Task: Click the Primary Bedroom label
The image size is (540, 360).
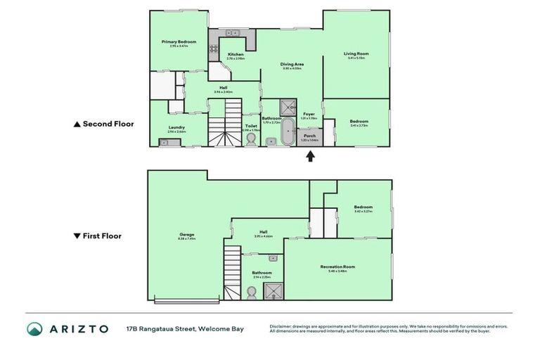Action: coord(178,42)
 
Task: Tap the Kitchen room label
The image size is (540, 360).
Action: coord(236,55)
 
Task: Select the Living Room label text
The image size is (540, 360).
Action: coord(356,53)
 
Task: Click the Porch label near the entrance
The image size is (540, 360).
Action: coord(309,136)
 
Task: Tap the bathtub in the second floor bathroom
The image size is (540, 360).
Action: coord(288,132)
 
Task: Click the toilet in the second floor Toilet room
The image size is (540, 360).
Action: coord(251,140)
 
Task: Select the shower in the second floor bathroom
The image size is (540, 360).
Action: coord(288,108)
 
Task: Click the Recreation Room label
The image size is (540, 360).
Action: coord(337,266)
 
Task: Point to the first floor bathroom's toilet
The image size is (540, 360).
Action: coord(251,292)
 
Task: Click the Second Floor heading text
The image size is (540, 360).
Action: coord(108,124)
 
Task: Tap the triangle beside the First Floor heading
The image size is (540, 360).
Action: coord(77,236)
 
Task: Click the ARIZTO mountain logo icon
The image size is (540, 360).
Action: coord(34,328)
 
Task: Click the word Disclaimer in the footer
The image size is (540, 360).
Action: coord(282,326)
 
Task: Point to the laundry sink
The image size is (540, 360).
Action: coord(164,143)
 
